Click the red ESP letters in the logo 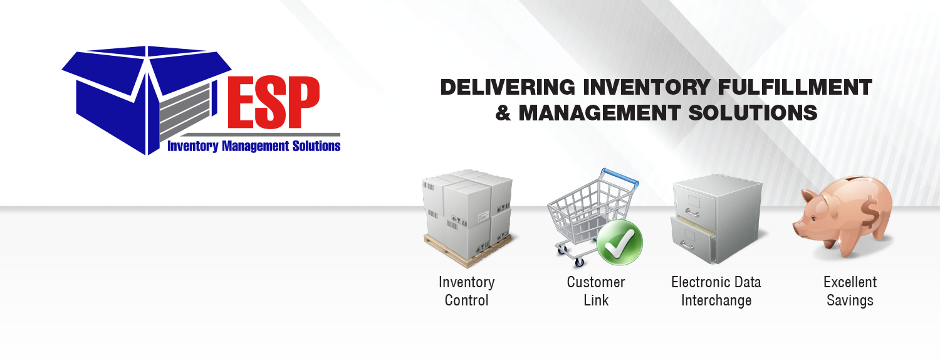click(x=274, y=102)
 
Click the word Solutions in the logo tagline click(x=316, y=146)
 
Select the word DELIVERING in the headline click(x=508, y=87)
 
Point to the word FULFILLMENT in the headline click(x=795, y=87)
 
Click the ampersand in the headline click(x=503, y=113)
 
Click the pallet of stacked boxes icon click(x=468, y=218)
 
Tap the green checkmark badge click(x=619, y=242)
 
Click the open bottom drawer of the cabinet click(x=693, y=240)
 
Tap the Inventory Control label click(x=467, y=291)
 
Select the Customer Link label click(x=596, y=291)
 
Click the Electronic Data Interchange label click(x=716, y=291)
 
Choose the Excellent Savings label click(x=850, y=291)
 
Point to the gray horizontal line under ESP click(x=251, y=135)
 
